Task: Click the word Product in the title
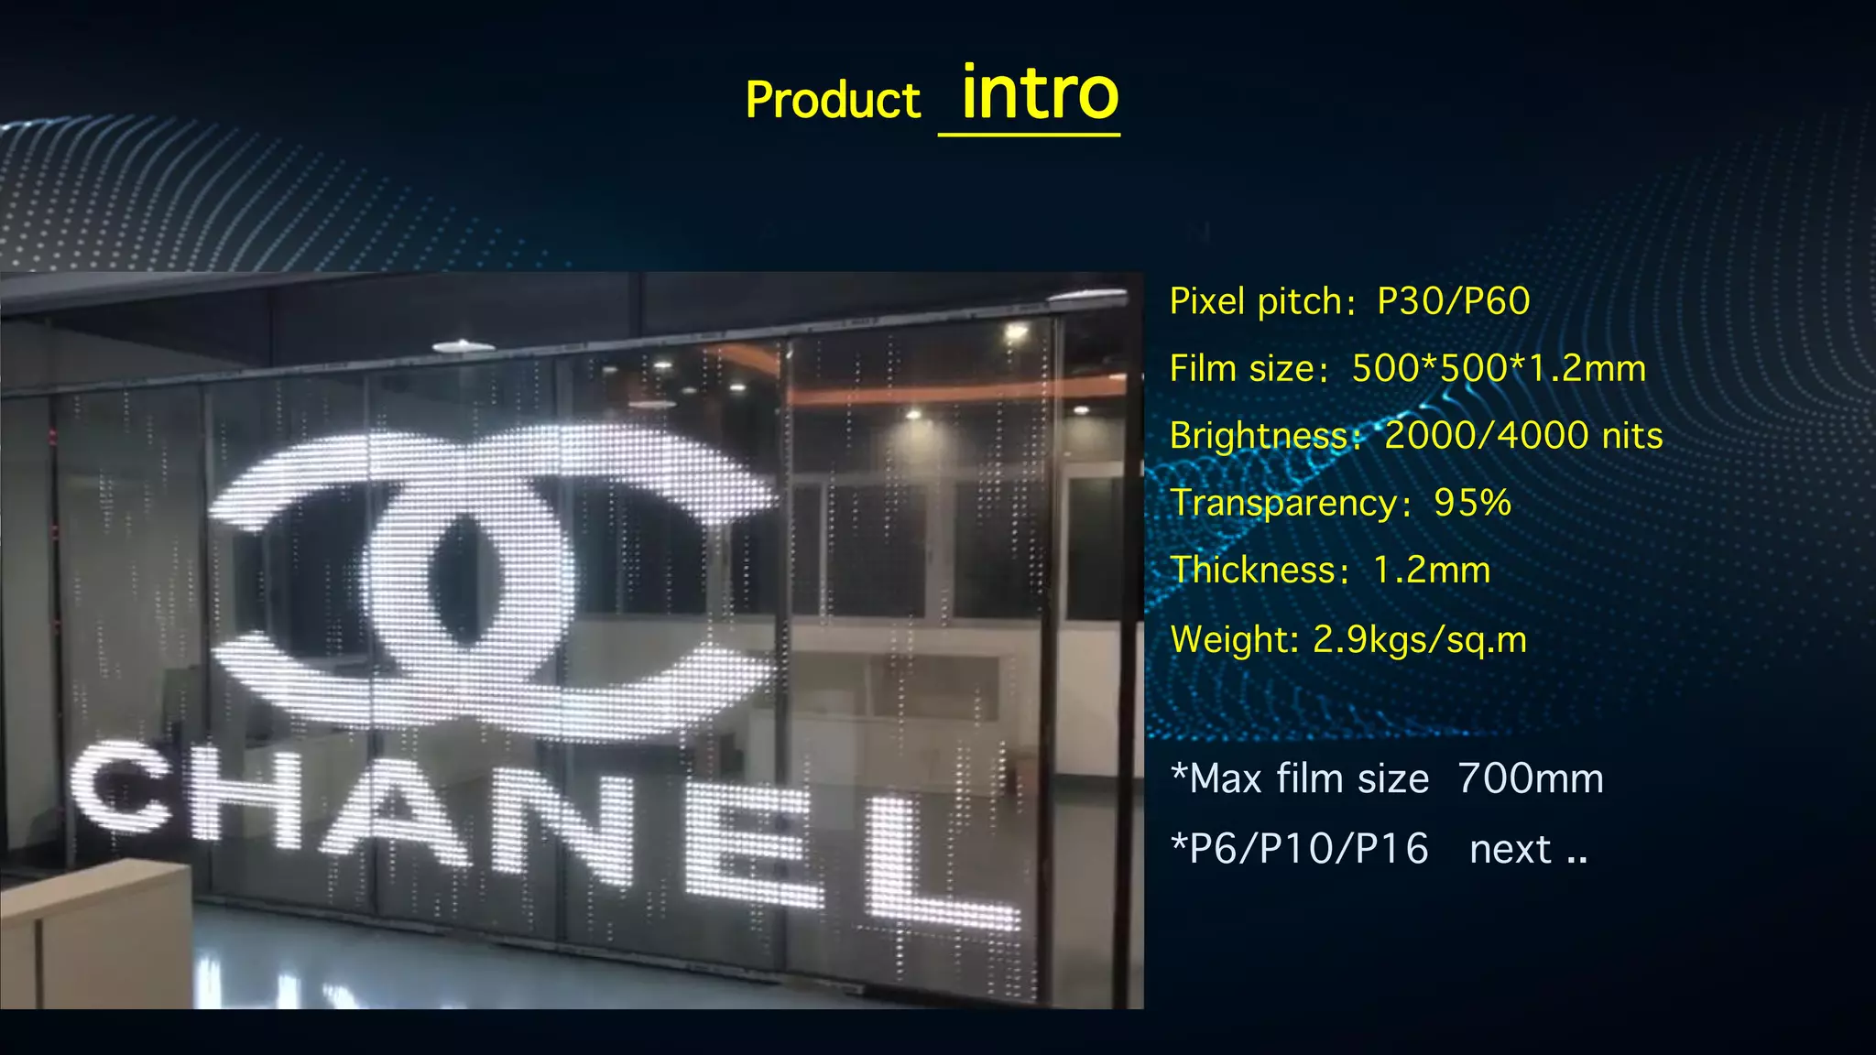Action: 832,101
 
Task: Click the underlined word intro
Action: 1039,94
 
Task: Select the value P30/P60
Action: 1454,301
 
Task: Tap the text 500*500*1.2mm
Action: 1499,368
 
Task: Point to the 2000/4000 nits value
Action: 1523,435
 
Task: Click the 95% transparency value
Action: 1472,503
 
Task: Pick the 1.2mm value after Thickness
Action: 1432,571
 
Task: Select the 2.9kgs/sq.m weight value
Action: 1420,639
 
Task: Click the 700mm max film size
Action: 1531,779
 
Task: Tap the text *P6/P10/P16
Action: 1300,849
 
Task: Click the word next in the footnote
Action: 1511,850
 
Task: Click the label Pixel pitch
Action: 1255,301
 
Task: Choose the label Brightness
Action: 1257,436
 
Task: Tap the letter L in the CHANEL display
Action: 934,865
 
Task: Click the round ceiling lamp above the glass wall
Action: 464,345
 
